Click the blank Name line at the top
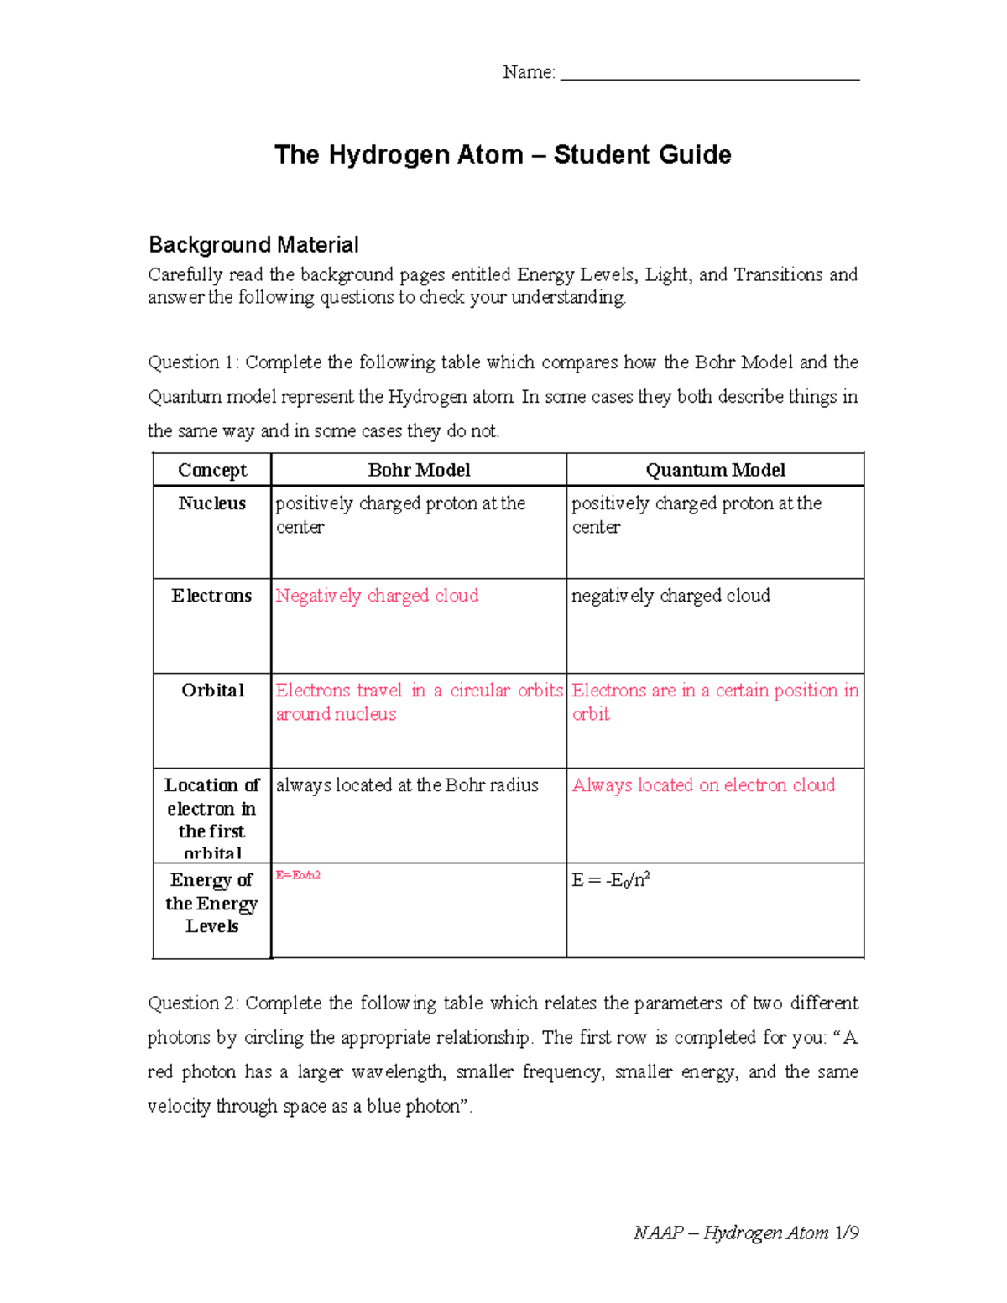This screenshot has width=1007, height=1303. coord(709,74)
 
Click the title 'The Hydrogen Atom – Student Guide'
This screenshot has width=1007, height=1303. coord(503,154)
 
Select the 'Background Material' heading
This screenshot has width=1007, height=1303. coord(253,245)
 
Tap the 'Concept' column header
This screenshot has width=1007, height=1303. coord(212,470)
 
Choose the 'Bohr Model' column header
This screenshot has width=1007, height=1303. coord(419,470)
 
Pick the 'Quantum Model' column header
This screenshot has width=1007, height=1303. coord(715,470)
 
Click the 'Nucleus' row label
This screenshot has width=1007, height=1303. coord(212,503)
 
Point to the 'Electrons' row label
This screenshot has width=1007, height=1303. coord(212,596)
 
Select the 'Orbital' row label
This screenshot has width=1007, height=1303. coord(213,691)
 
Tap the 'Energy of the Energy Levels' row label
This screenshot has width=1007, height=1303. coord(212,903)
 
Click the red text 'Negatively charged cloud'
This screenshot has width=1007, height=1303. coord(377,596)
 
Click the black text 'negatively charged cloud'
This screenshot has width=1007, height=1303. coord(670,596)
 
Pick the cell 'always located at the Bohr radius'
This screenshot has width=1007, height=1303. coord(407,785)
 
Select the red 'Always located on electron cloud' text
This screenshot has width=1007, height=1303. coord(703,785)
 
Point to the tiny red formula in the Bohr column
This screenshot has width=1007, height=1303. coord(298,875)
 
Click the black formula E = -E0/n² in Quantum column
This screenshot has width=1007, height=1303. coord(611,880)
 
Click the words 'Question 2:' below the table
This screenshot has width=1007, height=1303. coord(194,1003)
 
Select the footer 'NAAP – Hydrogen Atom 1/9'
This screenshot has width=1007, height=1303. coord(745,1233)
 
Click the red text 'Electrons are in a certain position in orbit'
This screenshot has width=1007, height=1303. coord(715,701)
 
